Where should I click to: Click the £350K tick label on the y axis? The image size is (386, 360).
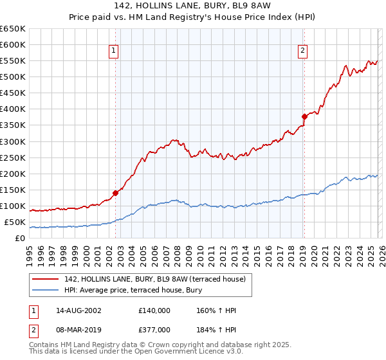point(13,125)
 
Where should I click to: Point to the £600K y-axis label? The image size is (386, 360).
point(13,45)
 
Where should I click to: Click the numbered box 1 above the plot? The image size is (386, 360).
point(113,51)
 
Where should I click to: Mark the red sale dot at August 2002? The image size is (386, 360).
point(116,192)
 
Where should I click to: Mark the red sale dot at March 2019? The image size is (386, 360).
point(304,116)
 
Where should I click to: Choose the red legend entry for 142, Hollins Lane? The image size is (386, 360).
point(145,278)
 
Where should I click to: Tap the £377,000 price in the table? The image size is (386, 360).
point(155,328)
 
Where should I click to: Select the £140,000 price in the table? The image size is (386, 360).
point(155,311)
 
